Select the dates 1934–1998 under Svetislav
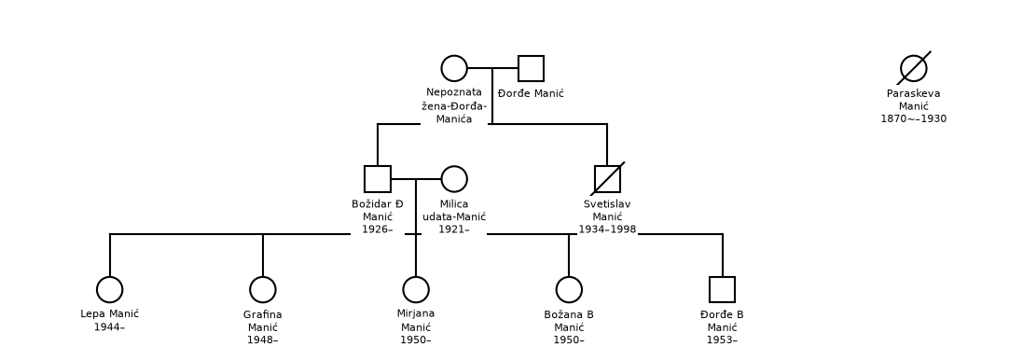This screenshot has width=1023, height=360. [607, 229]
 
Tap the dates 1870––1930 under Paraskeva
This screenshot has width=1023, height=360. [913, 118]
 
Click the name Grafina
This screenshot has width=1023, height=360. [263, 315]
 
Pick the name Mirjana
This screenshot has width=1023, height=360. [416, 314]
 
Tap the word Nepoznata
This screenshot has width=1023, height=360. [454, 92]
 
